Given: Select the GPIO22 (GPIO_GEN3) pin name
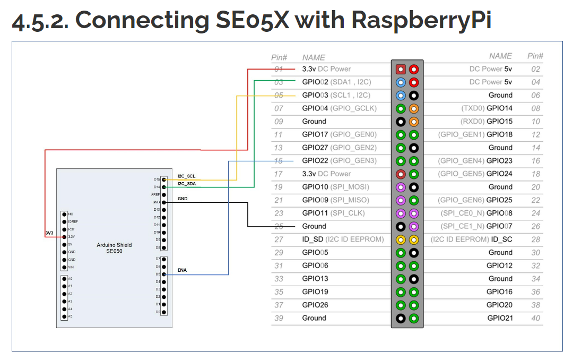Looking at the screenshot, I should point(339,161).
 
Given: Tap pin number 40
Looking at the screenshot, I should point(535,318).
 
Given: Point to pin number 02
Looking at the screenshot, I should point(535,69).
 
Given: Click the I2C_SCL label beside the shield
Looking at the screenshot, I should point(187,176).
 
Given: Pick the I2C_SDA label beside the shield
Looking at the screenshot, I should point(187,184).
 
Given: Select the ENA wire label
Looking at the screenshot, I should point(182,270).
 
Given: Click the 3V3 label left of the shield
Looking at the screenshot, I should point(49,233).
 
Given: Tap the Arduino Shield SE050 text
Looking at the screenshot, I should point(114,248).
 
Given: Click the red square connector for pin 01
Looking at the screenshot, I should point(401,69).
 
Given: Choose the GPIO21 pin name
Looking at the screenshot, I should point(500,318).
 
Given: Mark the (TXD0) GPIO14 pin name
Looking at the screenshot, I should point(487,108).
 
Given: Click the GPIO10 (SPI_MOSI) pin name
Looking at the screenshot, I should point(335,187).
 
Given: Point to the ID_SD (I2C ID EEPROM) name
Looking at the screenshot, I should point(343,239).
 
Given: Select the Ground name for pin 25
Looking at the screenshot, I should point(314,226).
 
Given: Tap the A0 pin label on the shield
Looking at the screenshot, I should point(71,278).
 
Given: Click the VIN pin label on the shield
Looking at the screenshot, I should point(71,267).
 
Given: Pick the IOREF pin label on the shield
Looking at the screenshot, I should point(73,221).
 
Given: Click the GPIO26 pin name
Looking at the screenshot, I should point(315,305).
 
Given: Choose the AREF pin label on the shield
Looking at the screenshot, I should point(155,195).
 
